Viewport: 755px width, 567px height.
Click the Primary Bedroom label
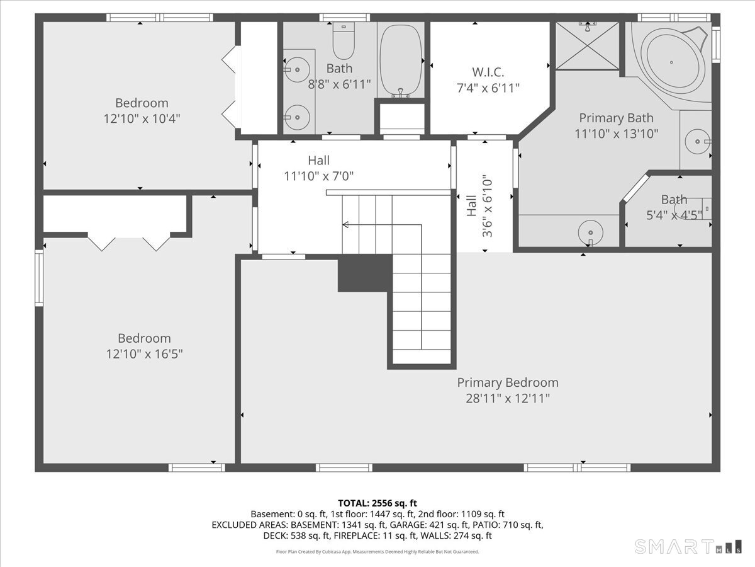pyautogui.click(x=508, y=383)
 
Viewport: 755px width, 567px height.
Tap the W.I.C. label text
pyautogui.click(x=488, y=72)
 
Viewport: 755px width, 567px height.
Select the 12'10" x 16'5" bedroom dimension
pyautogui.click(x=144, y=354)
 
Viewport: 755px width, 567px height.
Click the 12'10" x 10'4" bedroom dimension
pyautogui.click(x=142, y=119)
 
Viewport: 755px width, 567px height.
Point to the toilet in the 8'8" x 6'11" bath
pyautogui.click(x=344, y=40)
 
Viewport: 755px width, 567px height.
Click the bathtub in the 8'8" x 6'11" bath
pyautogui.click(x=401, y=60)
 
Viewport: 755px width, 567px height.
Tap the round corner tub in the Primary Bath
pyautogui.click(x=671, y=62)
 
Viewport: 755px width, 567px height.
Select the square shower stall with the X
pyautogui.click(x=587, y=46)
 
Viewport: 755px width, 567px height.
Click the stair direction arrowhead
pyautogui.click(x=345, y=225)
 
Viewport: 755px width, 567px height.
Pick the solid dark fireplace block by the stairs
pyautogui.click(x=365, y=273)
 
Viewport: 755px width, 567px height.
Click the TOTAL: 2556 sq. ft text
pyautogui.click(x=377, y=503)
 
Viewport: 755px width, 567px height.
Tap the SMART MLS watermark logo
pyautogui.click(x=688, y=547)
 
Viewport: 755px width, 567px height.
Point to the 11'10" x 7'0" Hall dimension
pyautogui.click(x=318, y=176)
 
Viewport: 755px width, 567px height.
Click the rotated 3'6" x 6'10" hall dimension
pyautogui.click(x=488, y=206)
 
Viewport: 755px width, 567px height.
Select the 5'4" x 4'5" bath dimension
pyautogui.click(x=674, y=215)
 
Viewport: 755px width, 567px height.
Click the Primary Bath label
pyautogui.click(x=616, y=118)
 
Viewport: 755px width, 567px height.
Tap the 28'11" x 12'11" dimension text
pyautogui.click(x=508, y=399)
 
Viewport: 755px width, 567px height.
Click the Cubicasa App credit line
pyautogui.click(x=377, y=552)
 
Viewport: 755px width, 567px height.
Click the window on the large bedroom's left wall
pyautogui.click(x=39, y=278)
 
